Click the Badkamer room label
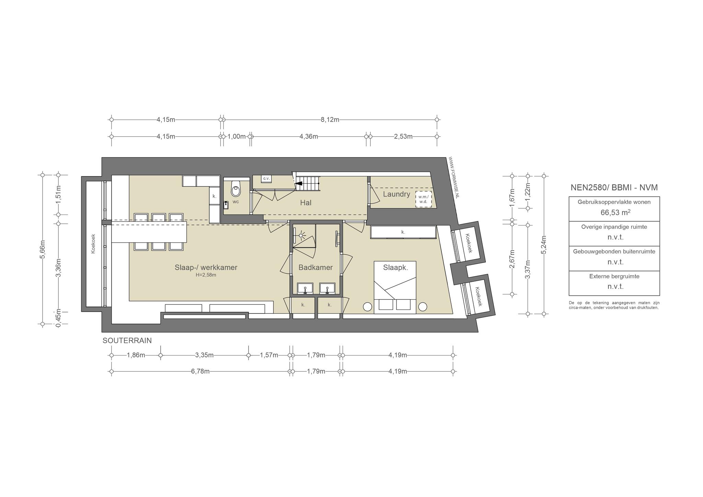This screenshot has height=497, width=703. pyautogui.click(x=315, y=268)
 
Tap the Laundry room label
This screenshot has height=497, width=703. pyautogui.click(x=396, y=194)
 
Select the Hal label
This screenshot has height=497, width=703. pyautogui.click(x=306, y=203)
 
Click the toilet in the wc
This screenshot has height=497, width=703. pyautogui.click(x=236, y=188)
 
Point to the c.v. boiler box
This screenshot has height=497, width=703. pyautogui.click(x=266, y=178)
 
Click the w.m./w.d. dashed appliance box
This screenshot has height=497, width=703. pyautogui.click(x=423, y=199)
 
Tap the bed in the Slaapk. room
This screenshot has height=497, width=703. pyautogui.click(x=395, y=287)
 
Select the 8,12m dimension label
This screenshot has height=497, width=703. pyautogui.click(x=330, y=120)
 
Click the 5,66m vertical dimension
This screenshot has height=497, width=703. pyautogui.click(x=43, y=250)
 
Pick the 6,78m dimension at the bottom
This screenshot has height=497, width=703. pyautogui.click(x=200, y=371)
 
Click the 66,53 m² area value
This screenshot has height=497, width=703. pyautogui.click(x=615, y=212)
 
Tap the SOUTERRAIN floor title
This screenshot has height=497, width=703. pyautogui.click(x=127, y=340)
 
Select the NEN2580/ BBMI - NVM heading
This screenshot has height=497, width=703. pyautogui.click(x=614, y=187)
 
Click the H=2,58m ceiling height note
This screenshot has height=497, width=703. pyautogui.click(x=206, y=275)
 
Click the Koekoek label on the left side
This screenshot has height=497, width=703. pyautogui.click(x=93, y=244)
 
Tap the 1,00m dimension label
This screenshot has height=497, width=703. pyautogui.click(x=237, y=137)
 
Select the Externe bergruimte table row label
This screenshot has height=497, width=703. pyautogui.click(x=614, y=276)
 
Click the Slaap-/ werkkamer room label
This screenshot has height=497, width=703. pyautogui.click(x=206, y=268)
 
